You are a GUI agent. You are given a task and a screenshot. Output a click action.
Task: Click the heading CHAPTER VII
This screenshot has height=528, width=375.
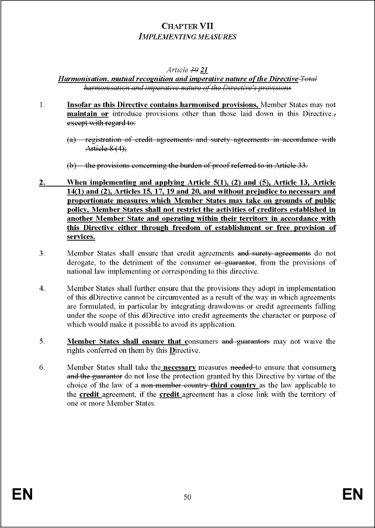187,26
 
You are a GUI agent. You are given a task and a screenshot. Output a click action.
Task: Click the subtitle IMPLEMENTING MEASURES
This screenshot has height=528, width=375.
187,36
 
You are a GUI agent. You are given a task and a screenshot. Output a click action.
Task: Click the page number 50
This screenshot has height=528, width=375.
187,497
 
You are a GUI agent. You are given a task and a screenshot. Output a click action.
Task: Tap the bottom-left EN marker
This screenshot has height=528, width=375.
22,495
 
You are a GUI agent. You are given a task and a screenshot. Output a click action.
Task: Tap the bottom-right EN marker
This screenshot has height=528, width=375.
352,495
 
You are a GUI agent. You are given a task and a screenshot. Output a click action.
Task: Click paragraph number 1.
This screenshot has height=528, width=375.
41,105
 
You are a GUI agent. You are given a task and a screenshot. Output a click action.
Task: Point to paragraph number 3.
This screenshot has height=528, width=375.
41,253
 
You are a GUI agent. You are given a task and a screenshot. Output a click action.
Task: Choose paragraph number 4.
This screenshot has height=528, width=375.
41,289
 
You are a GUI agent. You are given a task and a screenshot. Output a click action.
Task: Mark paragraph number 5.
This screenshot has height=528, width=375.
41,341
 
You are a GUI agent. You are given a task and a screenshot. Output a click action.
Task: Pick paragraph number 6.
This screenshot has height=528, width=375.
41,367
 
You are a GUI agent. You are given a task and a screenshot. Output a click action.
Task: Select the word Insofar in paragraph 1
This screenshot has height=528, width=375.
80,105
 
